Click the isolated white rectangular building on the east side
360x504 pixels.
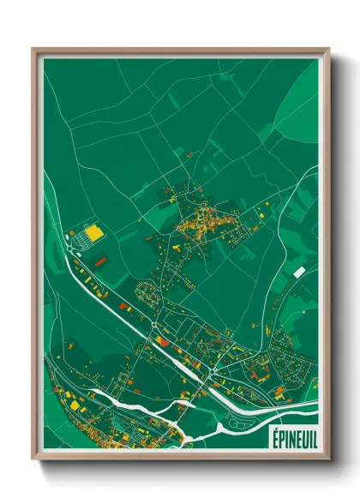[298, 272]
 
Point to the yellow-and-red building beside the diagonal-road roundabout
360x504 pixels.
[162, 341]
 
